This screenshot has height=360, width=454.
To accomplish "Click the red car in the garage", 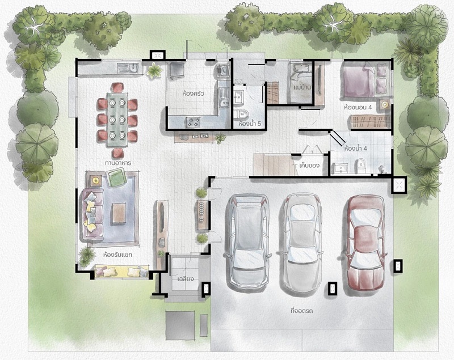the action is [365, 242].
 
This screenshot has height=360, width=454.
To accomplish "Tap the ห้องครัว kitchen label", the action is [194, 94].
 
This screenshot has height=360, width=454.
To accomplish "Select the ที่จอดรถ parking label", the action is [301, 311].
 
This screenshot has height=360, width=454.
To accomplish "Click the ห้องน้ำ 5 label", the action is [250, 124].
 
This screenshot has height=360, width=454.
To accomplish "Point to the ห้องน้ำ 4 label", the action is [356, 149].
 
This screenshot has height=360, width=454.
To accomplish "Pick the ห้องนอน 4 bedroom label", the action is [358, 107].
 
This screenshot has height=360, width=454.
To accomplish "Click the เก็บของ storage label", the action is [309, 166].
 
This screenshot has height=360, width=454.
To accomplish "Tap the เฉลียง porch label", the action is [186, 279].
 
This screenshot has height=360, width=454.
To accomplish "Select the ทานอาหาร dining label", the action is [118, 163].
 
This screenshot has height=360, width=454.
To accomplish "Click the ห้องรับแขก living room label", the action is [117, 255].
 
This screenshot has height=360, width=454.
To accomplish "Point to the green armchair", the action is [116, 177].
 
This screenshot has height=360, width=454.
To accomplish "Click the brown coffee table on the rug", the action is [119, 213].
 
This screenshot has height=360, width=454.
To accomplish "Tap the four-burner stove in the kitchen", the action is [193, 122].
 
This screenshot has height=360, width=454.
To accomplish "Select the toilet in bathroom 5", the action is [241, 114].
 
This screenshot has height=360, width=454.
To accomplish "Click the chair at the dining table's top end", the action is [117, 87].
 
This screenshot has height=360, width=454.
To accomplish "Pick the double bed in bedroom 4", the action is [365, 79].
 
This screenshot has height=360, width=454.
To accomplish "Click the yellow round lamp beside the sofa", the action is [96, 181].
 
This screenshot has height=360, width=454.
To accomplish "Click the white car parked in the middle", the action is [302, 242].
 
